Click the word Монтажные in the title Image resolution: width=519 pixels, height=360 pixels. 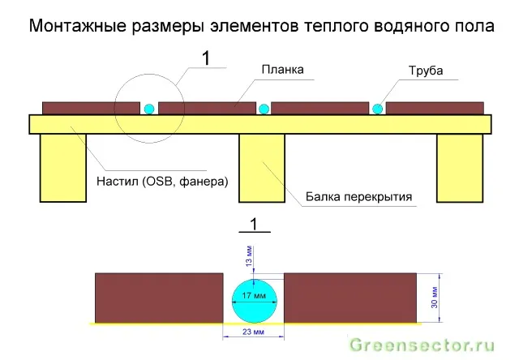coord(78,25)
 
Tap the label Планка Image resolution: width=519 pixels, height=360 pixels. coord(282,70)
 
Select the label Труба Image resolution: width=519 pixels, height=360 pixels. coord(426,71)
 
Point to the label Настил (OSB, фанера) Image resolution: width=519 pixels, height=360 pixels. coord(162,182)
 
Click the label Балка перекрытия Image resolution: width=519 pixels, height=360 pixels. coord(358,196)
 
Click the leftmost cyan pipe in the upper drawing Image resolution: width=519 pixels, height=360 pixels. coord(149,109)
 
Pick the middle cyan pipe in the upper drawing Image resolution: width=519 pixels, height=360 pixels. coord(264,109)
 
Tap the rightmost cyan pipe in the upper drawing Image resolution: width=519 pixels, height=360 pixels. coord(378,109)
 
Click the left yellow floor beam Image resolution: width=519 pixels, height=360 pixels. coord(63,168)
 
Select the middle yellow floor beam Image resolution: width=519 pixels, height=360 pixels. coord(262,168)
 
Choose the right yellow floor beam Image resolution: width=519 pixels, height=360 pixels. coord(460,168)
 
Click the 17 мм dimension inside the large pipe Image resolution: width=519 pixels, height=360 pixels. coord(254,295)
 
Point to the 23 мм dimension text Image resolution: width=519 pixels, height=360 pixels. coord(253,332)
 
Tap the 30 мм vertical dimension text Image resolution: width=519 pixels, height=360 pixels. coord(435,298)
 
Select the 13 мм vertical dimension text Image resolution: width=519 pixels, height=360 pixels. coord(249,256)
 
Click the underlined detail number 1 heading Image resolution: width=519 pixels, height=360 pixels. coord(254,225)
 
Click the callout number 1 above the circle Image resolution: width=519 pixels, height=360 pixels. coord(206,58)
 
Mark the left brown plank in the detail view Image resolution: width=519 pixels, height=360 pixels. coord(159,298)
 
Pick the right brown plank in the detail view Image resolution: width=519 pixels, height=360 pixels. coord(350,298)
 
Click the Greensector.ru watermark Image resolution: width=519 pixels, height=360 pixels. coord(422,345)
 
